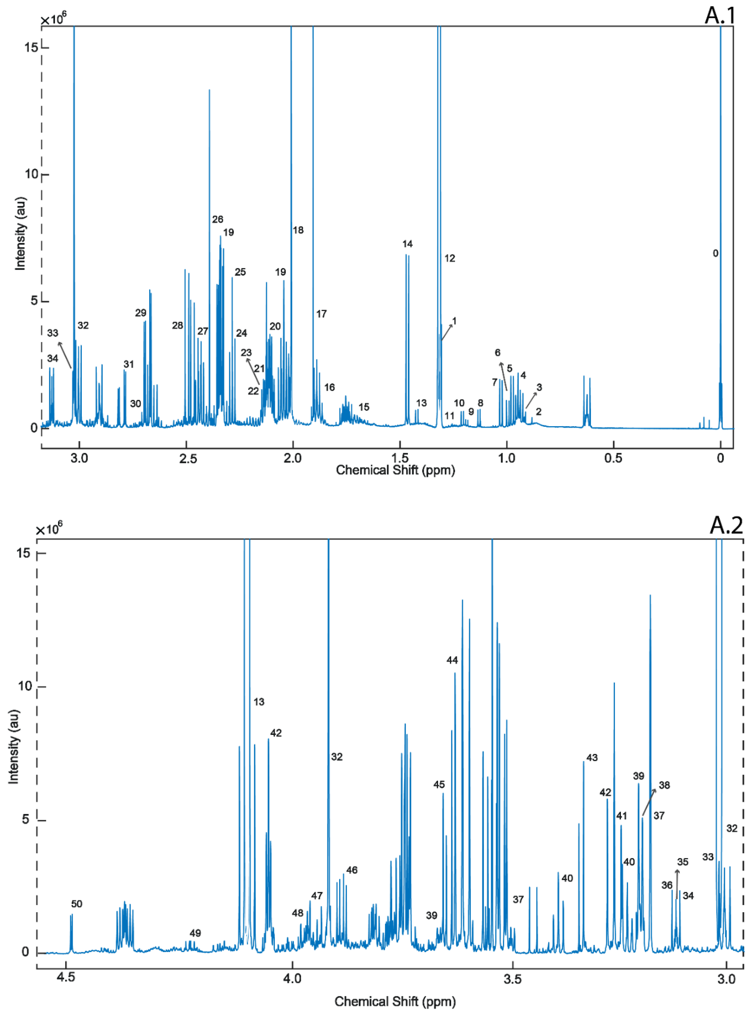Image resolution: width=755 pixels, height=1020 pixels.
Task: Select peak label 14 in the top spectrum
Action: point(407,244)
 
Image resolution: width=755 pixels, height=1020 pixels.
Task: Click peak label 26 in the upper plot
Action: point(218,219)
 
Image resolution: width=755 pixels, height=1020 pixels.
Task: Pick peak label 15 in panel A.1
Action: point(364,407)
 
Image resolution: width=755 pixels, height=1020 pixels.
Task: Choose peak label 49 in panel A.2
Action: point(195,933)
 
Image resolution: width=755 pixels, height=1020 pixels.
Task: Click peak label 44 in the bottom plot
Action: point(452,660)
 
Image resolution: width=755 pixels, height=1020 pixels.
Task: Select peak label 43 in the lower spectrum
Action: point(592,757)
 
